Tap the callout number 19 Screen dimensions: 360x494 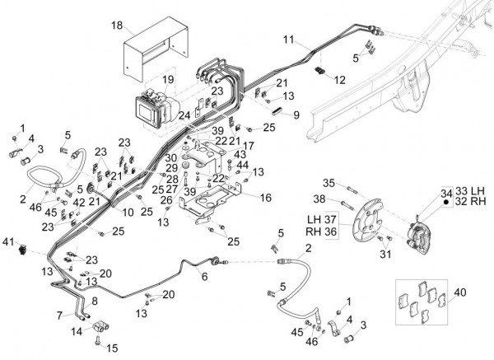point(168,79)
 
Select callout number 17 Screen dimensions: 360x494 point(248,146)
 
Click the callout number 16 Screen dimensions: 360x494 point(266,197)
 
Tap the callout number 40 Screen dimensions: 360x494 point(459,292)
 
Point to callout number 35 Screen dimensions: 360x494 point(328,182)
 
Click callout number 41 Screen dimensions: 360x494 point(8,241)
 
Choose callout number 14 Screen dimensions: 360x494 point(77,331)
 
